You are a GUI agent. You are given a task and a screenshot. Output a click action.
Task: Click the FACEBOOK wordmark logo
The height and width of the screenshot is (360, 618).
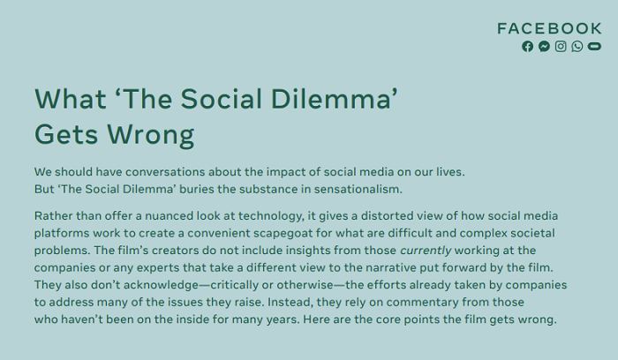[x=549, y=28]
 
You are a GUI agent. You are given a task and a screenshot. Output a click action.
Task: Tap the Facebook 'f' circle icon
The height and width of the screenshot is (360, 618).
[x=527, y=47]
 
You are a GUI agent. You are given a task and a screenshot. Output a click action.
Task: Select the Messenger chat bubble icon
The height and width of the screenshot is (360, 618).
[x=544, y=47]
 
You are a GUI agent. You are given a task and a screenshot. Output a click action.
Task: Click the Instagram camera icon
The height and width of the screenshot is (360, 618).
[x=561, y=47]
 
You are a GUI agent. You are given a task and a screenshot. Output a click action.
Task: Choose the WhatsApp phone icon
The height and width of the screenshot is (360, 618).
[x=577, y=47]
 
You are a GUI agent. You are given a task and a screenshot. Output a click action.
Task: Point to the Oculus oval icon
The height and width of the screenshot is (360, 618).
[x=594, y=47]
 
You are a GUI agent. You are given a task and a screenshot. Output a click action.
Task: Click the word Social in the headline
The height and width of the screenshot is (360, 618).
[x=222, y=99]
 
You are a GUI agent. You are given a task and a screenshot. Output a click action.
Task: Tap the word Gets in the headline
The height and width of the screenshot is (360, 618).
[x=66, y=134]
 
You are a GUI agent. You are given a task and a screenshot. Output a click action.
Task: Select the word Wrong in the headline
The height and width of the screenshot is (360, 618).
[x=151, y=135]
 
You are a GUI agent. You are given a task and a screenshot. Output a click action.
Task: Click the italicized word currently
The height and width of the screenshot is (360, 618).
[x=426, y=251]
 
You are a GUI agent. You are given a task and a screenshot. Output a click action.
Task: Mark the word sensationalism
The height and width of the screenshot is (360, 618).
[x=358, y=189]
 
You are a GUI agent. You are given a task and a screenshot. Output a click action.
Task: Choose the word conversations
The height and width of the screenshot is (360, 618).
[x=165, y=172]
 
